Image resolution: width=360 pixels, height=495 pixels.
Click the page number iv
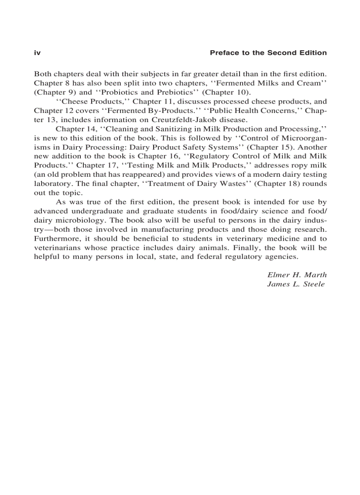click(x=37, y=53)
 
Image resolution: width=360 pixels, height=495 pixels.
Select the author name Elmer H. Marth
click(x=297, y=275)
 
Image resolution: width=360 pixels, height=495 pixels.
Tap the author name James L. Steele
click(x=296, y=284)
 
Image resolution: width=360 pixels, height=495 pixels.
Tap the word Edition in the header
click(x=311, y=53)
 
